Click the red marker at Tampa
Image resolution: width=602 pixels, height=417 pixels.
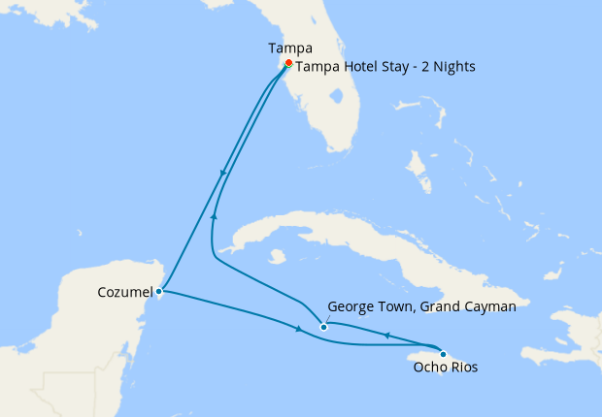coord(288,63)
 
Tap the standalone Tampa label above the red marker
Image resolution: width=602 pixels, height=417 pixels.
coord(288,47)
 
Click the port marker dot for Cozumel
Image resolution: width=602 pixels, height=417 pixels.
coord(158,290)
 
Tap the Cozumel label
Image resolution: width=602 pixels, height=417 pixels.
coord(123,291)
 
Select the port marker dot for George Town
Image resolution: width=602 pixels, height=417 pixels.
coord(324,327)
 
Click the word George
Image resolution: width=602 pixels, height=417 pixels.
coord(351,305)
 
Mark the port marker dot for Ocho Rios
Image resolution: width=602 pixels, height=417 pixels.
coord(444,353)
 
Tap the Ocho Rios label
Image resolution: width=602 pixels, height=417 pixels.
coord(445,369)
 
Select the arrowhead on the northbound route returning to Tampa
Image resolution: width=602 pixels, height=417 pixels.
coord(214,216)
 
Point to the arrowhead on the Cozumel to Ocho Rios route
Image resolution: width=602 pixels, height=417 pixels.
coord(298,332)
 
